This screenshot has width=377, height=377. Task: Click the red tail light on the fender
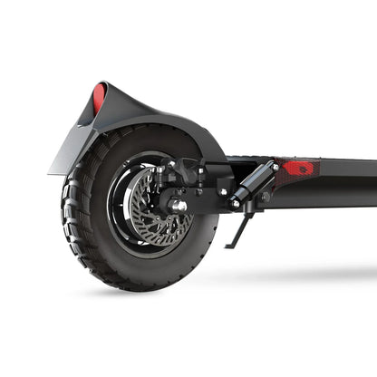pos(99,96)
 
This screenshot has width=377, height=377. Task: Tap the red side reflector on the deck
pos(298,168)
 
